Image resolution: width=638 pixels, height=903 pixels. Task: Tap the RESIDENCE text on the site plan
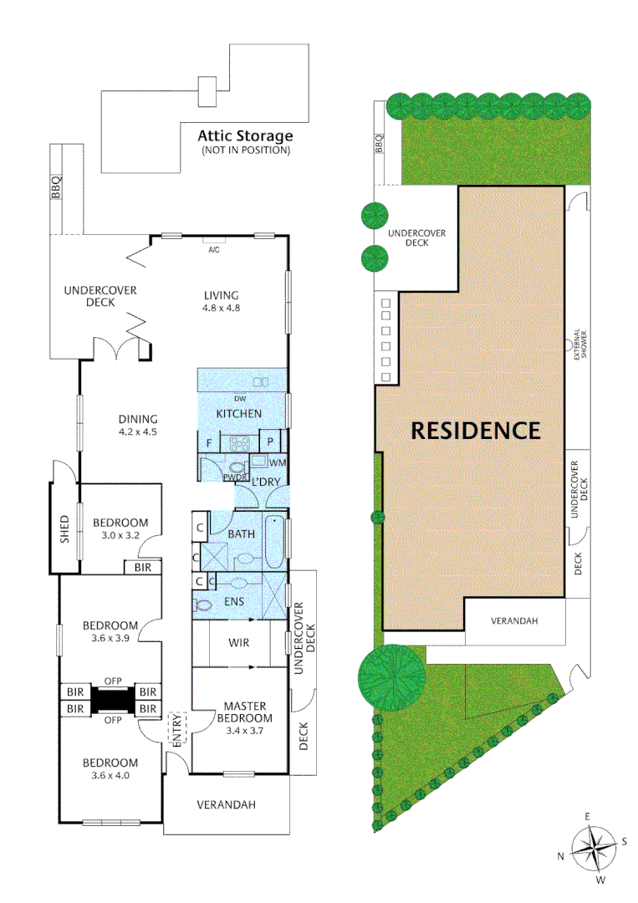475,431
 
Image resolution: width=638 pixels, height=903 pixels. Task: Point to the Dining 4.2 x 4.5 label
138,426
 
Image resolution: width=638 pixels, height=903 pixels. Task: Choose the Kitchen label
239,414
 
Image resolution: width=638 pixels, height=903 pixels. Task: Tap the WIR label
239,643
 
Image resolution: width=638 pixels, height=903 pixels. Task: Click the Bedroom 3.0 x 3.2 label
120,528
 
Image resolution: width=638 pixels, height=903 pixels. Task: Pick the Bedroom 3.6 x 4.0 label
110,769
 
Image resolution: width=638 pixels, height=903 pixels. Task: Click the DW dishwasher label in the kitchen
240,399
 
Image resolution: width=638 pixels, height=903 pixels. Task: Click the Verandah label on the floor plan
226,805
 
